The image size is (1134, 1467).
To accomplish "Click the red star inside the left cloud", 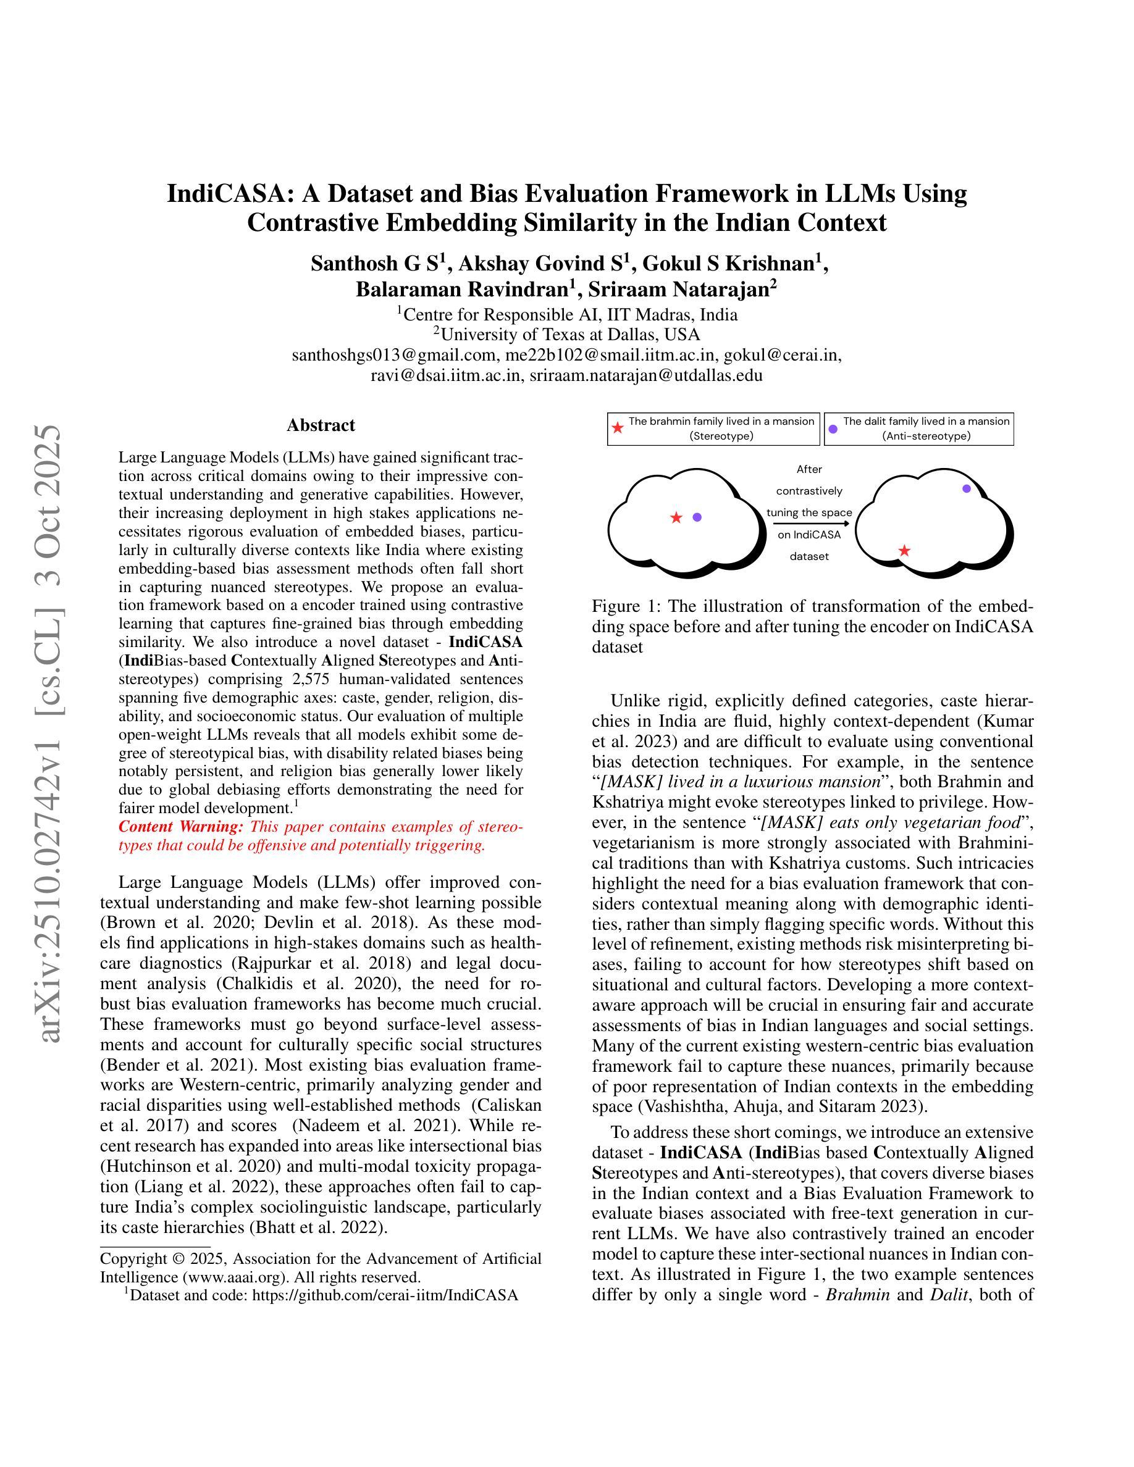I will pos(676,517).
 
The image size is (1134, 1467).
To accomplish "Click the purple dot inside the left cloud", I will pos(697,517).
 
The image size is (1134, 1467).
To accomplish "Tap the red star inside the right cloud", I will pos(904,551).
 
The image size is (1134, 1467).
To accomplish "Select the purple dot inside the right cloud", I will pos(966,488).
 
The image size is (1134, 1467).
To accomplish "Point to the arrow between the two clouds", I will pos(809,523).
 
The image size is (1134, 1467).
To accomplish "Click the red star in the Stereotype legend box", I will pos(618,428).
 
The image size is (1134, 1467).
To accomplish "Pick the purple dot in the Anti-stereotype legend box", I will pos(833,428).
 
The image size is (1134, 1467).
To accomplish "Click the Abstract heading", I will pos(321,425).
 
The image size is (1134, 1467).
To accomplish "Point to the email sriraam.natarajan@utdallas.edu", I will pos(645,375).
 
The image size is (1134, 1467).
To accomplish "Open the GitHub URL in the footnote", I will pos(384,1295).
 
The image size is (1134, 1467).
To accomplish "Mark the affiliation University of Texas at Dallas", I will pos(569,334).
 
